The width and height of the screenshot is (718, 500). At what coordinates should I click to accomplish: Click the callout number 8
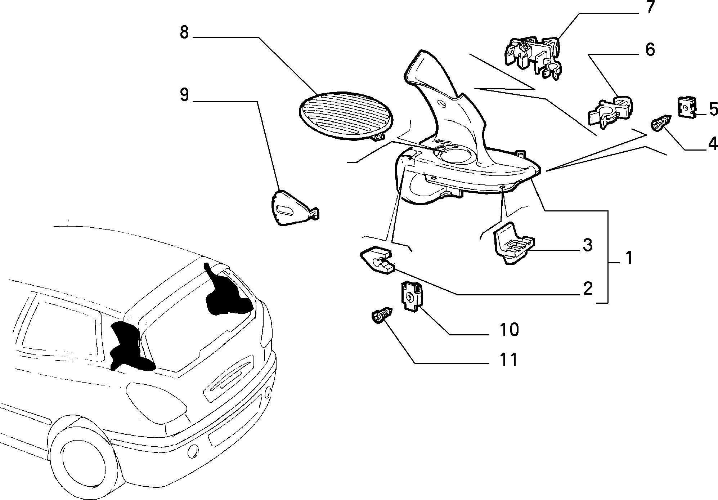tap(184, 33)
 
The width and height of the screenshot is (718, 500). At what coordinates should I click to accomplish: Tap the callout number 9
tap(184, 95)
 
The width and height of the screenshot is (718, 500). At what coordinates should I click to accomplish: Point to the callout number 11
tap(508, 360)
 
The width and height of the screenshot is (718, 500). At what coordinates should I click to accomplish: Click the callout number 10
tap(509, 330)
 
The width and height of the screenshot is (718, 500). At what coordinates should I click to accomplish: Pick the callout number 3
tap(587, 245)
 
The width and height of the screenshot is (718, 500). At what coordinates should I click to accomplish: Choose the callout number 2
tap(587, 289)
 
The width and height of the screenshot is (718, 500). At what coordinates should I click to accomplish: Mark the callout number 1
tap(629, 259)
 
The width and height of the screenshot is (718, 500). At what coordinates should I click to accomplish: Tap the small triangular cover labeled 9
tap(293, 208)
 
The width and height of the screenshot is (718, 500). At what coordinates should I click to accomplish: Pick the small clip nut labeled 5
tap(687, 107)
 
